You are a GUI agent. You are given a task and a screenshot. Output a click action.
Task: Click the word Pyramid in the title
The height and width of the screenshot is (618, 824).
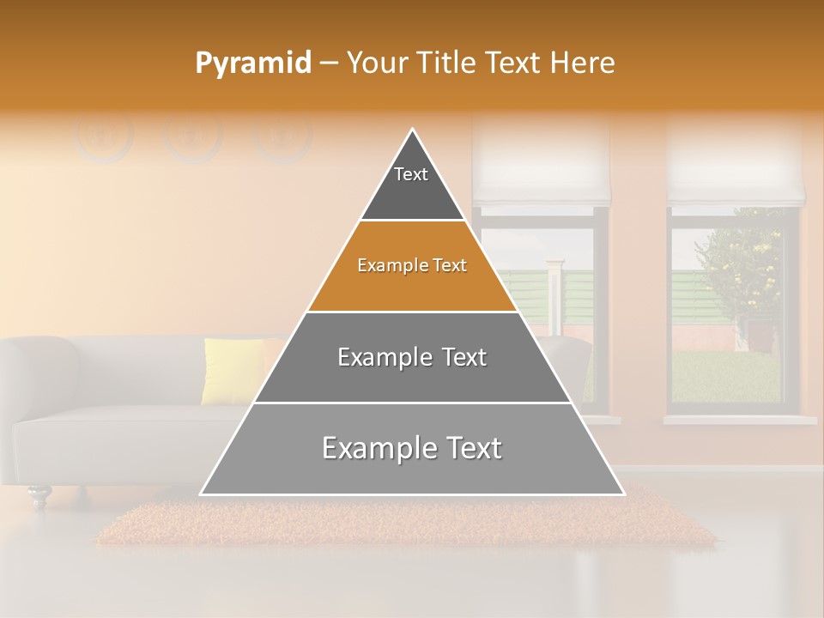tap(252, 63)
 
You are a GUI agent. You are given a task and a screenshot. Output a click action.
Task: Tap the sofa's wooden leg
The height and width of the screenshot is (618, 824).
tap(39, 495)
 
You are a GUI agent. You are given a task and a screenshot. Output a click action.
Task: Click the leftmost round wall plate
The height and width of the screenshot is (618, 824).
tap(103, 136)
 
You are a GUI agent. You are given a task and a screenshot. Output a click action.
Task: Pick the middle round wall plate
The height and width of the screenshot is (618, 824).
tap(192, 136)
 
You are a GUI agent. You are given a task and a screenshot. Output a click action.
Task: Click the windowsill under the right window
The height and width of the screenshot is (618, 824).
tap(738, 420)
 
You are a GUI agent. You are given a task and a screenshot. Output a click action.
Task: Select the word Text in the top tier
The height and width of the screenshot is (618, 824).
tap(411, 174)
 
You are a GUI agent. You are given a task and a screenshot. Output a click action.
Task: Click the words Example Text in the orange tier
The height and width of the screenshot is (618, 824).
tap(412, 265)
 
